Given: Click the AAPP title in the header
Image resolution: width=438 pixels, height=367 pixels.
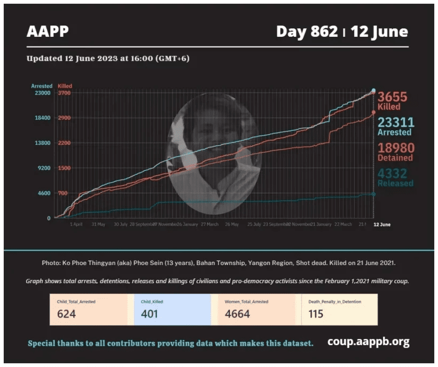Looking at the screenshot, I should pos(48,32).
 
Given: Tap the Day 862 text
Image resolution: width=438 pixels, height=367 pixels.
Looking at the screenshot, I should pos(307,32).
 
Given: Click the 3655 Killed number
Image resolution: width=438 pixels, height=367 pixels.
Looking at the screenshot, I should pos(393,97).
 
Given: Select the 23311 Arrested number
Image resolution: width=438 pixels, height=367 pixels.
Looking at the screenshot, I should pos(396,122).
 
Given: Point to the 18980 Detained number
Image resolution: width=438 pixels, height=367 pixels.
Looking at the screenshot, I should pos(396,148).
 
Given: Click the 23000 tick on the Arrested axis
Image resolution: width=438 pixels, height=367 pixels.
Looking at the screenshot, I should pos(43,93).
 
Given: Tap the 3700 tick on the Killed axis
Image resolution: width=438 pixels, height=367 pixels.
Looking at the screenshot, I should pos(64,93).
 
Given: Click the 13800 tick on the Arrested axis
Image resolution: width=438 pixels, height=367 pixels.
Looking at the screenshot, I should pos(43,143).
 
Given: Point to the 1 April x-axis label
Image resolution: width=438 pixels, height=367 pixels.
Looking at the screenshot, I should pos(76,224).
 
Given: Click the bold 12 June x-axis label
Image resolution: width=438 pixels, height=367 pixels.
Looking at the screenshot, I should pos(381,224).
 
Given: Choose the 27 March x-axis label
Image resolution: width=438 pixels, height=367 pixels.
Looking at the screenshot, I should pos(209,224).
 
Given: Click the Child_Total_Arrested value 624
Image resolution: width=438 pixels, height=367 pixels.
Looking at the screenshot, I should pos(66,314).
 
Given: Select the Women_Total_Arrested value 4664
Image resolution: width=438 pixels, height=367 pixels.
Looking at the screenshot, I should pos(237,314).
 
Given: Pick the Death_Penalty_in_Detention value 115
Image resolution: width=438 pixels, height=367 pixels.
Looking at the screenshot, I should pos(316,314).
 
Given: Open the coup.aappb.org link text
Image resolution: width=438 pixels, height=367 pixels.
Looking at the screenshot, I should pos(368,342).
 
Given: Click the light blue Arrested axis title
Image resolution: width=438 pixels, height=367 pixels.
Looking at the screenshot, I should pos(42,86).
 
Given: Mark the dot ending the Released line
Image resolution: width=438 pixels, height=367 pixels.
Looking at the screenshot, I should pos(373,194).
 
